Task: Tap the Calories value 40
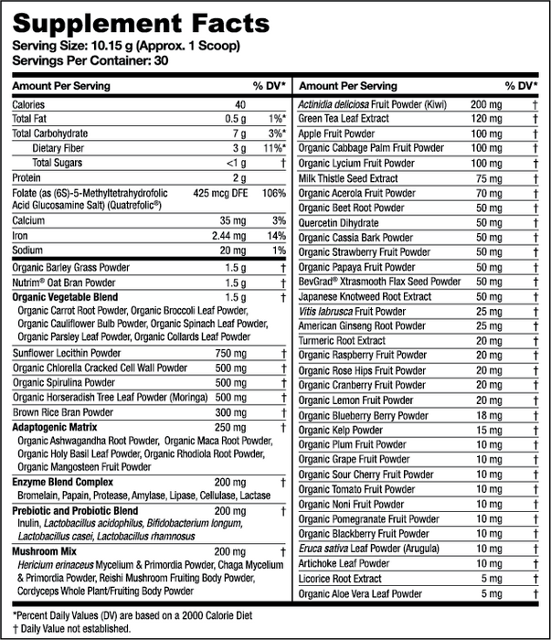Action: pyautogui.click(x=240, y=105)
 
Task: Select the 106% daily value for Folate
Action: pyautogui.click(x=273, y=193)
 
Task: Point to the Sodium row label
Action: pyautogui.click(x=29, y=251)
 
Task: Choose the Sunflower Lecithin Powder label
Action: pyautogui.click(x=68, y=353)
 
